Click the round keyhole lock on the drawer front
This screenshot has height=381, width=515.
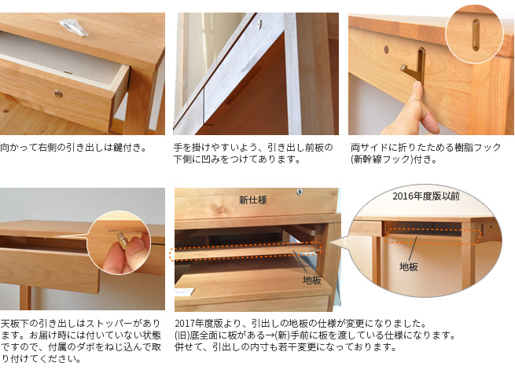(x=58, y=94)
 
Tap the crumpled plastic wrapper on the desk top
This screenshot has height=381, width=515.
(x=74, y=27)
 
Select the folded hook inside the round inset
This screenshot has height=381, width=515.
(x=476, y=35)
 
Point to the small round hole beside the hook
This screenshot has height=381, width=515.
(x=386, y=49)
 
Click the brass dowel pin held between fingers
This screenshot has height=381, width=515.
(x=123, y=240)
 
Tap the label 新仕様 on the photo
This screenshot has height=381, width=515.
(x=252, y=200)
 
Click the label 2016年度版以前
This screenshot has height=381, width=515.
(x=425, y=196)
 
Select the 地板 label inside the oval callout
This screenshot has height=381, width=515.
(x=409, y=266)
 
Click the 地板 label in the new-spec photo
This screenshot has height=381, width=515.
(x=311, y=280)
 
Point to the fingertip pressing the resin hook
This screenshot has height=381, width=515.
(x=418, y=86)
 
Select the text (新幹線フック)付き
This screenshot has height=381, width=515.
(x=393, y=159)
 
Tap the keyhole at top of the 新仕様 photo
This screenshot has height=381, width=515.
(x=300, y=192)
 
